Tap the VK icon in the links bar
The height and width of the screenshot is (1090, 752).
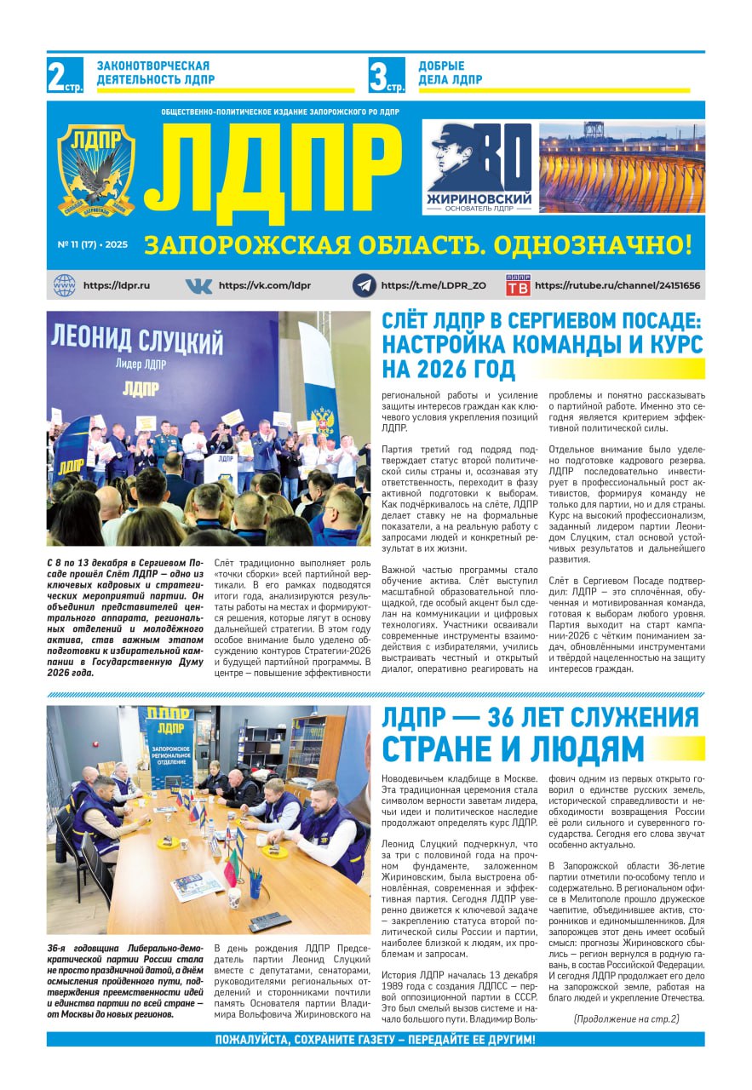pos(198,285)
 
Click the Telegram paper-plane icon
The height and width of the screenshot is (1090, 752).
pos(365,285)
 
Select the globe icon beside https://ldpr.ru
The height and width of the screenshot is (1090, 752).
pos(65,285)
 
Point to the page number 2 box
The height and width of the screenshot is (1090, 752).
pos(64,75)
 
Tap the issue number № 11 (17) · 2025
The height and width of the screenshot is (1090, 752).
pos(92,244)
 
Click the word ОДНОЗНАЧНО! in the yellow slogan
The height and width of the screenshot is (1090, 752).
pos(597,245)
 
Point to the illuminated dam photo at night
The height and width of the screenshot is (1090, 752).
pos(621,167)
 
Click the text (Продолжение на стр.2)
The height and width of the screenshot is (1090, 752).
pos(626,1018)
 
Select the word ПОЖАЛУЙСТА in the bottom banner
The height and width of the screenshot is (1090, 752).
pos(264,1040)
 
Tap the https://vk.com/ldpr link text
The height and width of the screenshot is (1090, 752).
pos(264,285)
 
